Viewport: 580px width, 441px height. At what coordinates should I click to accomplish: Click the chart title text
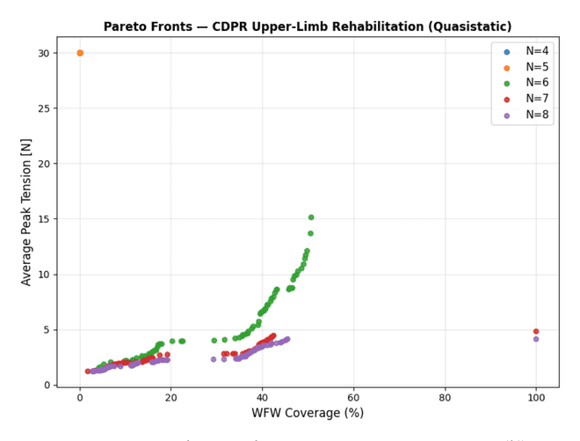tap(308, 26)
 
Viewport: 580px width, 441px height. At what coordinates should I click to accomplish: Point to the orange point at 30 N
tap(80, 53)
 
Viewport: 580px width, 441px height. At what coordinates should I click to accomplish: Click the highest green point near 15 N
tap(311, 217)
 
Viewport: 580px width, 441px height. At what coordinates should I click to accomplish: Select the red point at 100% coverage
tap(536, 331)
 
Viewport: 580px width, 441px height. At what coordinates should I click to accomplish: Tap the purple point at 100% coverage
tap(536, 339)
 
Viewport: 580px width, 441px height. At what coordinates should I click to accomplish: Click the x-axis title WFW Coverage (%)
tap(308, 413)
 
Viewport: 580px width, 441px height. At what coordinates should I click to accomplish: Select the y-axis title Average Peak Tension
tap(25, 212)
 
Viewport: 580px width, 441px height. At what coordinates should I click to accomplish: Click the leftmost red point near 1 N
tap(88, 371)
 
